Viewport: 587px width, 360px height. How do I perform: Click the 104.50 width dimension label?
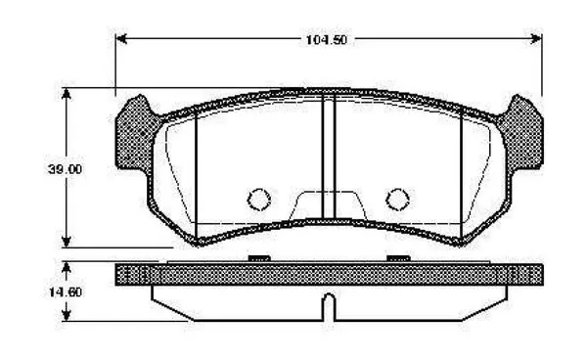click(x=327, y=40)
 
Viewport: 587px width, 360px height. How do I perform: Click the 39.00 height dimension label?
click(x=65, y=169)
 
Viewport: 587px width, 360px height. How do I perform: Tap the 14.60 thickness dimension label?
click(x=66, y=292)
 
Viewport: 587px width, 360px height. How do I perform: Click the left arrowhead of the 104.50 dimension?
click(x=121, y=38)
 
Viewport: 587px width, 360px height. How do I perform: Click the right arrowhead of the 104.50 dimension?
click(x=536, y=38)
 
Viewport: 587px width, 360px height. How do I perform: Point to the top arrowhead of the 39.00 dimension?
click(x=67, y=94)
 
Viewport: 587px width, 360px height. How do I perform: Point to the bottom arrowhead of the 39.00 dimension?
click(x=67, y=242)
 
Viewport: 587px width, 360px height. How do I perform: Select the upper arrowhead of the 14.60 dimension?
click(x=67, y=267)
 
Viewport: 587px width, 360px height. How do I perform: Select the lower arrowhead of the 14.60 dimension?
click(x=67, y=315)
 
